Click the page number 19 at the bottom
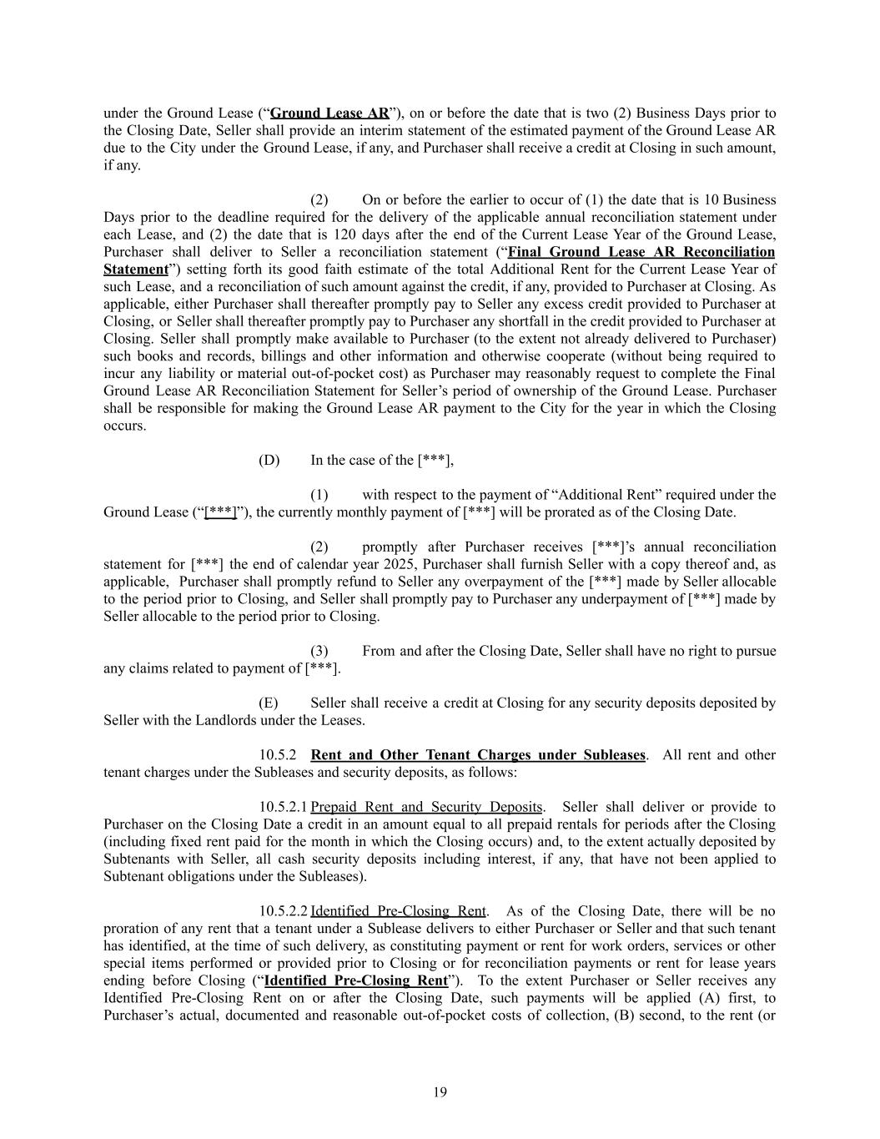point(440,1092)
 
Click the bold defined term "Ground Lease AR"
point(329,113)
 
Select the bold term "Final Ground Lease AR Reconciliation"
point(641,252)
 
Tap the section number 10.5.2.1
point(283,807)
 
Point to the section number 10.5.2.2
point(283,911)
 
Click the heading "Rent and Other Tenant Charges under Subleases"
point(478,755)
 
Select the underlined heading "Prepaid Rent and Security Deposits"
point(426,807)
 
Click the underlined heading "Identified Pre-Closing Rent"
point(398,911)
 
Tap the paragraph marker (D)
point(269,460)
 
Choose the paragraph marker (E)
point(268,703)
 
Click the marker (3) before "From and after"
point(319,651)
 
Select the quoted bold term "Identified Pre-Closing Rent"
point(355,980)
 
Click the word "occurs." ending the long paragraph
point(124,426)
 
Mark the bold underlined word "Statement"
point(135,270)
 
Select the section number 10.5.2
point(278,755)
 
